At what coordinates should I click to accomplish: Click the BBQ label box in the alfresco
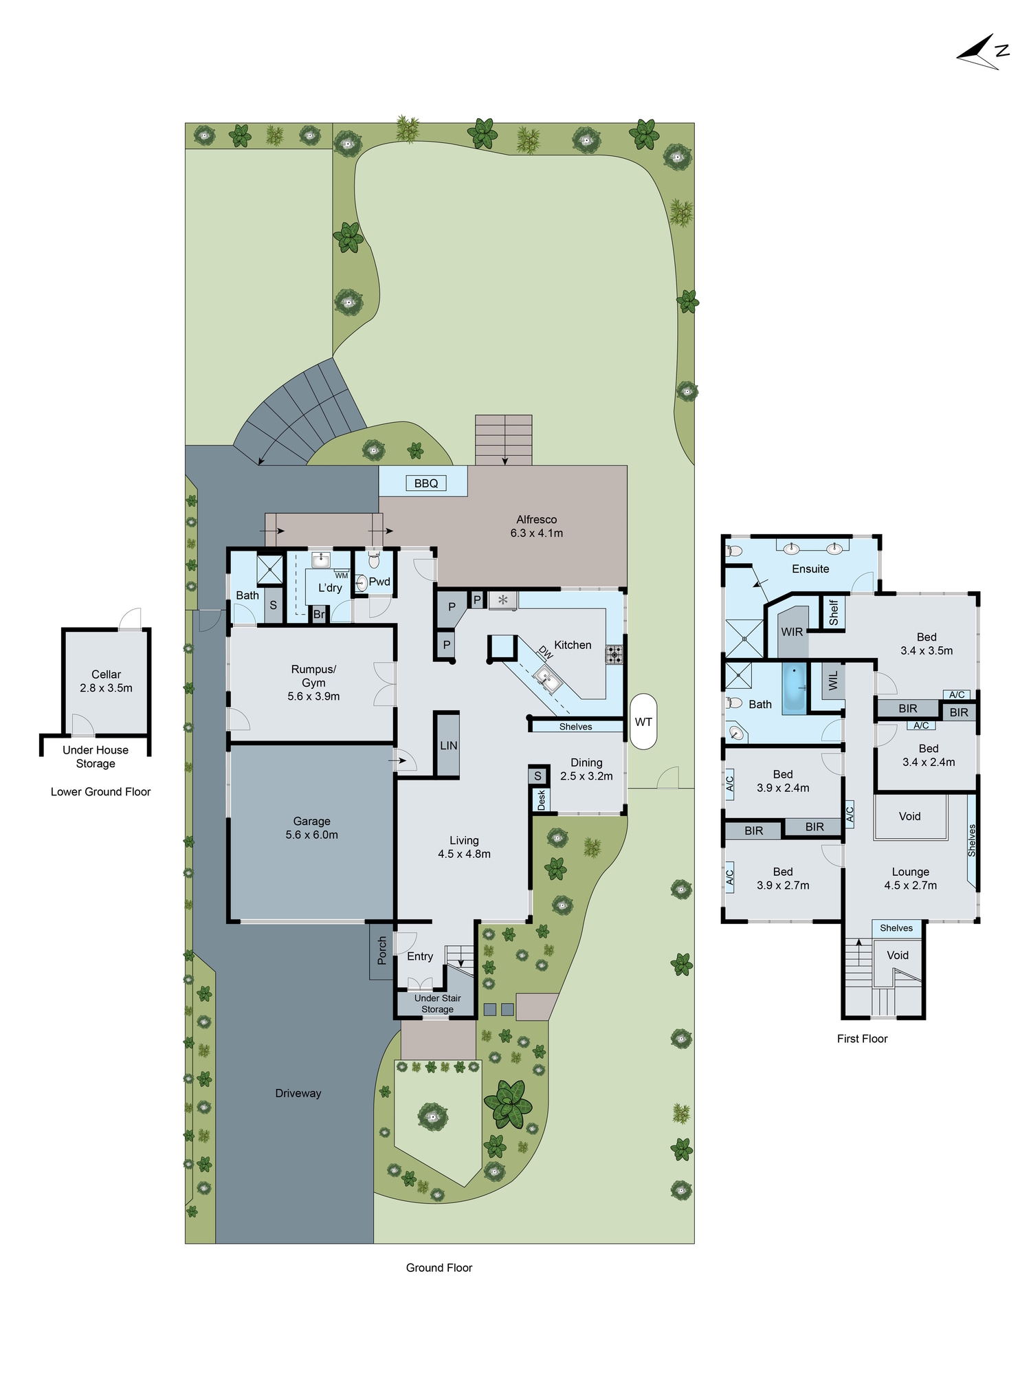[x=426, y=483]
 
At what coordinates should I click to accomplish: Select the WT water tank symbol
[x=643, y=721]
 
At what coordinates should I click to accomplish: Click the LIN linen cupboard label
[x=448, y=745]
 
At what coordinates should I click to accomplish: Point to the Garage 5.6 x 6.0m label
[x=311, y=828]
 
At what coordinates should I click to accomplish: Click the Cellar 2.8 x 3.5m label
[x=106, y=681]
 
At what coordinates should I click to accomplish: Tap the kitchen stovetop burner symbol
[x=614, y=654]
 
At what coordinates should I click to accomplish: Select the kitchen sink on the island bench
[x=547, y=679]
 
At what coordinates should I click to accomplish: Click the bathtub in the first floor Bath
[x=795, y=686]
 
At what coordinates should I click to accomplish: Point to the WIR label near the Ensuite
[x=792, y=632]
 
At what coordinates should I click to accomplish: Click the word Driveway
[x=298, y=1093]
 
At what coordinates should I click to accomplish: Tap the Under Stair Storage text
[x=437, y=1003]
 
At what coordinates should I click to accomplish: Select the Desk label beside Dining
[x=542, y=800]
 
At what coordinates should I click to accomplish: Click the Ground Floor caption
[x=439, y=1268]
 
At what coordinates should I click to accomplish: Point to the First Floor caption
[x=862, y=1039]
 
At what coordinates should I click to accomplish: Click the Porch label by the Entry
[x=382, y=950]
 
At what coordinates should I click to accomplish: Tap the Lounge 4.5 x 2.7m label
[x=910, y=879]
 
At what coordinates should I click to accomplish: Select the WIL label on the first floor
[x=834, y=681]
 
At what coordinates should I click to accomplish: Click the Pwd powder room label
[x=379, y=582]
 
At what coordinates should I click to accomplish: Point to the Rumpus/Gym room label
[x=313, y=682]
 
